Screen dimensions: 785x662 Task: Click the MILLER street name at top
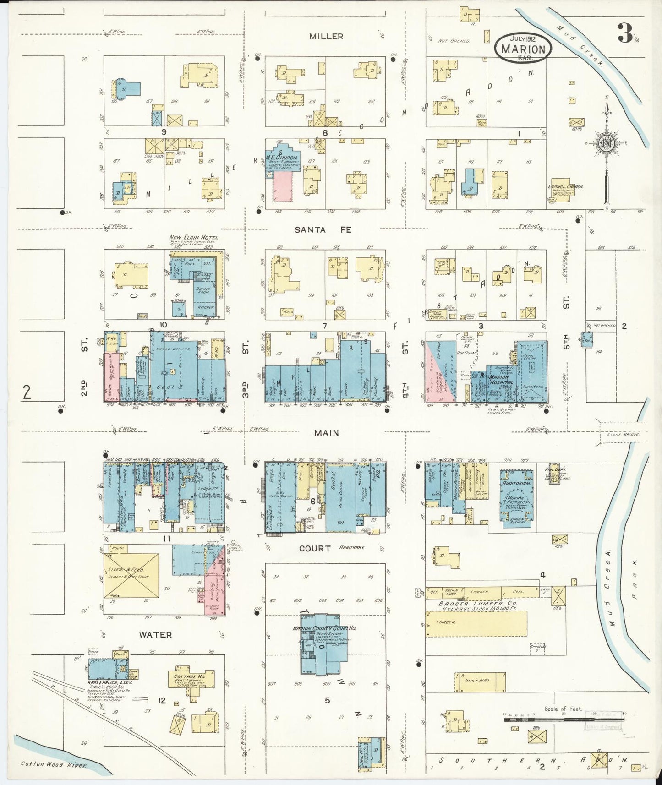(x=326, y=36)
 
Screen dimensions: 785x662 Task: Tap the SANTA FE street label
(x=323, y=230)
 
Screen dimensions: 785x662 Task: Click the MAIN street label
(x=327, y=433)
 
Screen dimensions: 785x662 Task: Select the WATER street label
(x=155, y=635)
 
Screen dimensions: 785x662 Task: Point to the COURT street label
(x=315, y=548)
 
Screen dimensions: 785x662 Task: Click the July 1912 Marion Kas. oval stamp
(x=523, y=48)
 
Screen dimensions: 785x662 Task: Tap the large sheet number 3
(x=624, y=33)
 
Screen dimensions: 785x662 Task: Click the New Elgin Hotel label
(x=194, y=238)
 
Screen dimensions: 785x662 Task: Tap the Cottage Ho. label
(x=189, y=676)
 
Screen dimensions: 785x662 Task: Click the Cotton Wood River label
(x=53, y=764)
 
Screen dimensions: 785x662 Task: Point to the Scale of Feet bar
(x=563, y=720)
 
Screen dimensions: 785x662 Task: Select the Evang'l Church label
(x=565, y=187)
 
